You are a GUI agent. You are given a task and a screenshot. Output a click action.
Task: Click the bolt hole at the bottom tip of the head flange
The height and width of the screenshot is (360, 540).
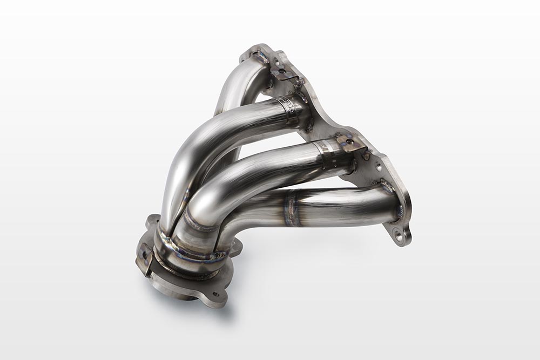tap(398, 234)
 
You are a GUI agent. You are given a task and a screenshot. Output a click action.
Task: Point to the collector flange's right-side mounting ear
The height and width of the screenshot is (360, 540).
tap(235, 247)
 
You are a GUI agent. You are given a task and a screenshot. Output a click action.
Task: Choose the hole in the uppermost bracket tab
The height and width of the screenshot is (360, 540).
tap(282, 71)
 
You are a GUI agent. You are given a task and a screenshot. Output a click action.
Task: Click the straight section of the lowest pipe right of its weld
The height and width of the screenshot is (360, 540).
tap(346, 205)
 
